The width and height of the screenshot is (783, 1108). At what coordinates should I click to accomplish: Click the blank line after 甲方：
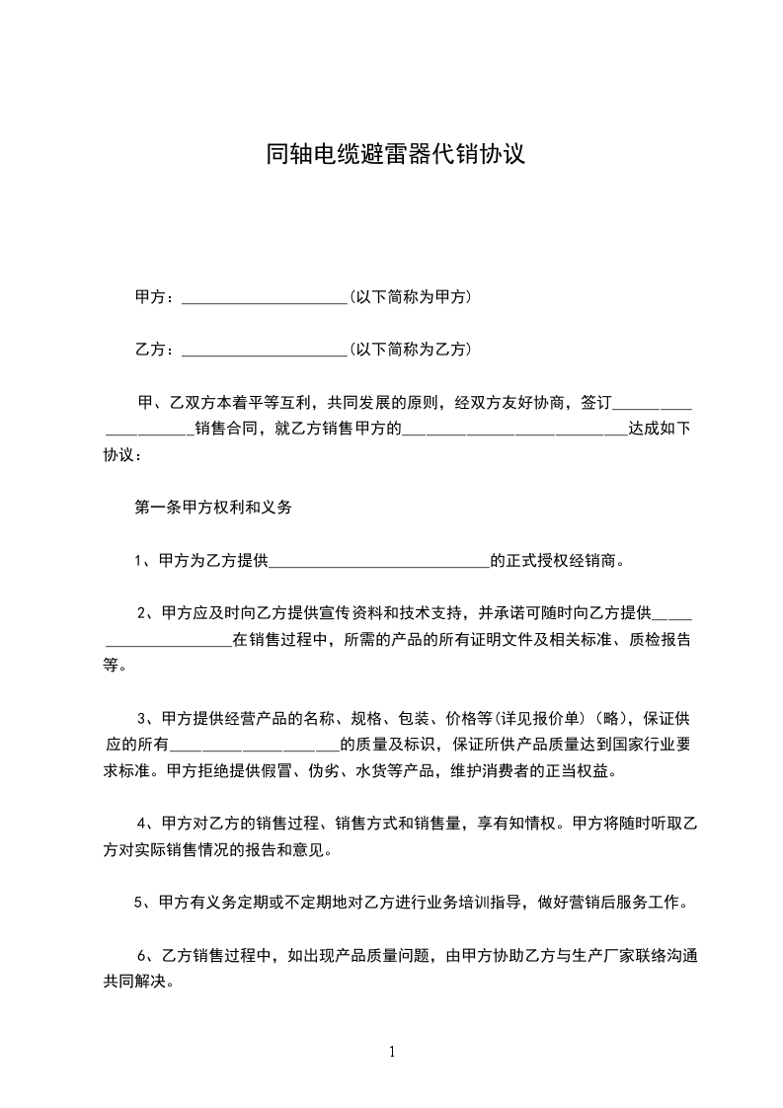(265, 297)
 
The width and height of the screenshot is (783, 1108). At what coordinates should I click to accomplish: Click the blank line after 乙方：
(265, 350)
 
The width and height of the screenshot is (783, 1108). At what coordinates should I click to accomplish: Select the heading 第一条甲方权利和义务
(213, 509)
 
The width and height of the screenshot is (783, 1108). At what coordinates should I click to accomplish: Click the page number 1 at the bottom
(392, 1052)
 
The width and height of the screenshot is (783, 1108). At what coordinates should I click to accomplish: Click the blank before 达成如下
(514, 430)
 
